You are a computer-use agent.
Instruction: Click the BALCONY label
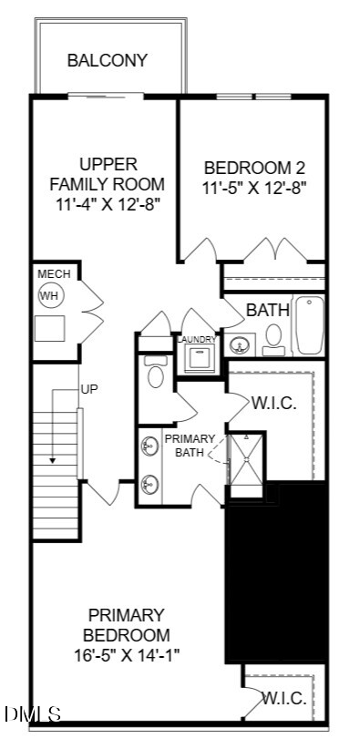click(x=108, y=61)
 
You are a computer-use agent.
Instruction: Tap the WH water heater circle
click(x=50, y=296)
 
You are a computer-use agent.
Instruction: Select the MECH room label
click(x=54, y=274)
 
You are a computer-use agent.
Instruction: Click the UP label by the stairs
click(x=89, y=389)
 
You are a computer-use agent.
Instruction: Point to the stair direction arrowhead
click(x=53, y=460)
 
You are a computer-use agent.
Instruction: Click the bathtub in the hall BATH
click(x=308, y=324)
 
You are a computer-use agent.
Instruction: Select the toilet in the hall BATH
click(x=274, y=340)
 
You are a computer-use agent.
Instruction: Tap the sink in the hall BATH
click(x=240, y=344)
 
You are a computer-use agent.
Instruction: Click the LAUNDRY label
click(x=197, y=339)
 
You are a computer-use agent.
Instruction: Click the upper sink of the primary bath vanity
click(x=149, y=446)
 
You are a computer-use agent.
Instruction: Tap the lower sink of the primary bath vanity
click(x=149, y=485)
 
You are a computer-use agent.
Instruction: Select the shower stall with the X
click(x=247, y=459)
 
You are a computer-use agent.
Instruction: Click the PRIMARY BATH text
click(x=190, y=446)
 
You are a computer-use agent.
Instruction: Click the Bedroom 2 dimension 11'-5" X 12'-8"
click(x=255, y=188)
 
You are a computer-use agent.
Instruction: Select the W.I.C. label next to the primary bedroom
click(x=284, y=700)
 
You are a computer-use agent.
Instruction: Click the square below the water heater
click(x=50, y=328)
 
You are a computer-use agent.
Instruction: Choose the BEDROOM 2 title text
click(x=255, y=168)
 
